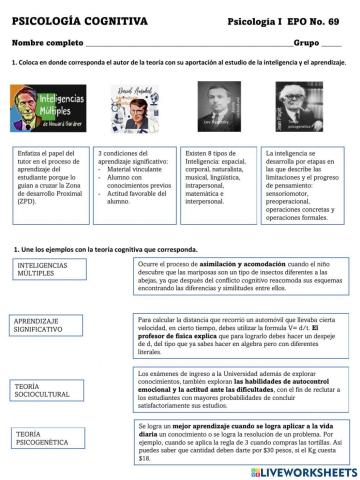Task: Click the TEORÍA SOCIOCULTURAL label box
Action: click(49, 392)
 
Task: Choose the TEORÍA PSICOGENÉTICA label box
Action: click(49, 439)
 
